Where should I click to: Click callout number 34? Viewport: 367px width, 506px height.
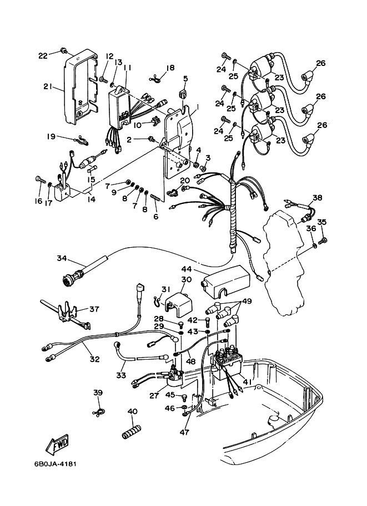[x=62, y=258]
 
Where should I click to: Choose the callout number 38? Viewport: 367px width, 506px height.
[x=317, y=197]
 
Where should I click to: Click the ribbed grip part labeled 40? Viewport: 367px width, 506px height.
[x=132, y=432]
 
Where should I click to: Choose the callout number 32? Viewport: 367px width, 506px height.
[x=94, y=359]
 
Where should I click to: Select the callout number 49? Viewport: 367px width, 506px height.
[x=247, y=301]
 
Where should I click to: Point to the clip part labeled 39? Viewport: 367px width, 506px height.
[x=99, y=412]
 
